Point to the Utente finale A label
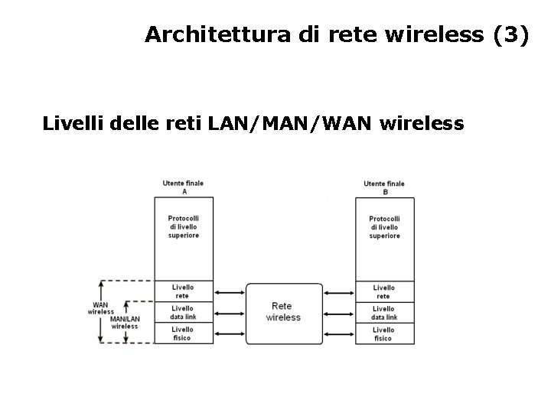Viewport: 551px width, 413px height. click(x=183, y=187)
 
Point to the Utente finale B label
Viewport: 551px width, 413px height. click(x=384, y=187)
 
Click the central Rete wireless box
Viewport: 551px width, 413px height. click(x=283, y=312)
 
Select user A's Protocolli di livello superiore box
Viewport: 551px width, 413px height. click(x=183, y=227)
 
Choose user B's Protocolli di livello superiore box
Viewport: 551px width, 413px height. click(x=384, y=227)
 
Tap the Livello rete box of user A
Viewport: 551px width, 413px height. click(x=183, y=291)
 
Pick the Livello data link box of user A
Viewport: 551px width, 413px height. click(x=183, y=312)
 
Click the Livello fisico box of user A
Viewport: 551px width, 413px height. click(x=183, y=333)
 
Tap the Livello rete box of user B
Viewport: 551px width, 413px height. click(x=384, y=291)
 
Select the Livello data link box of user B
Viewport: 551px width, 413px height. click(x=384, y=312)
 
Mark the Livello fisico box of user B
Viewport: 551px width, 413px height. click(x=384, y=333)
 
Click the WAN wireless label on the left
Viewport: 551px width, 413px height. click(x=100, y=308)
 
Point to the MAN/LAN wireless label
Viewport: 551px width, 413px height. click(x=124, y=322)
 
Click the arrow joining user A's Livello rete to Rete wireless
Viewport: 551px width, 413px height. click(x=229, y=291)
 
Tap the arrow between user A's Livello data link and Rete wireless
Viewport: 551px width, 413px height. click(x=229, y=312)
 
